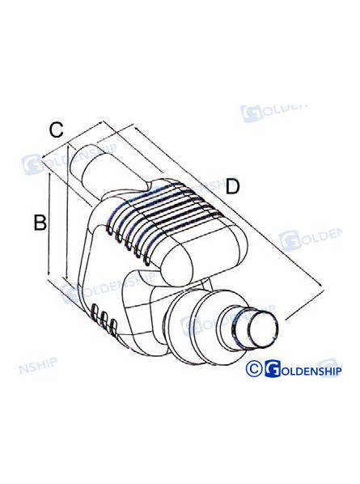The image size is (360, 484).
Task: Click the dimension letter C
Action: click(x=57, y=130)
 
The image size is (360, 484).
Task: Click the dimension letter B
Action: click(x=40, y=223)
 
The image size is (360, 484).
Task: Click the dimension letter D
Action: click(x=233, y=186)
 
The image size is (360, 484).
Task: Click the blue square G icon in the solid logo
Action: click(x=273, y=369)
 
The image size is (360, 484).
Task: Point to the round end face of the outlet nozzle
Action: click(x=264, y=328)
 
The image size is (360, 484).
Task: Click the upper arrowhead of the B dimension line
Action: click(x=49, y=176)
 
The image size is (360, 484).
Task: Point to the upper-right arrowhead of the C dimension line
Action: click(x=100, y=123)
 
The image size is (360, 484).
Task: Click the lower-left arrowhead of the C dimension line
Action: click(x=45, y=157)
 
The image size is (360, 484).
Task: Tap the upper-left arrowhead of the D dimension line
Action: click(x=136, y=127)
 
